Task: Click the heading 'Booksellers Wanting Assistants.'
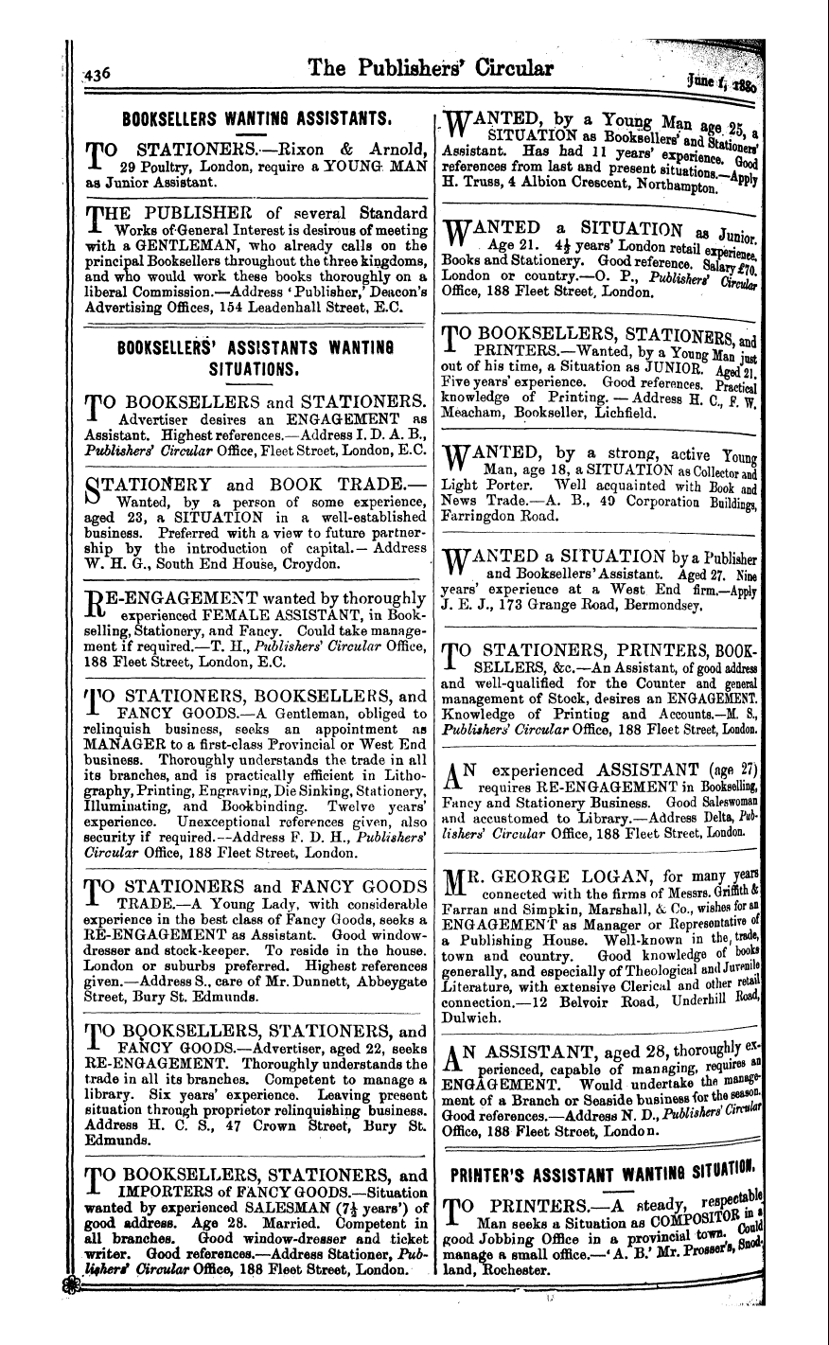(243, 119)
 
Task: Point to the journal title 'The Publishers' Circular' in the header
(433, 70)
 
